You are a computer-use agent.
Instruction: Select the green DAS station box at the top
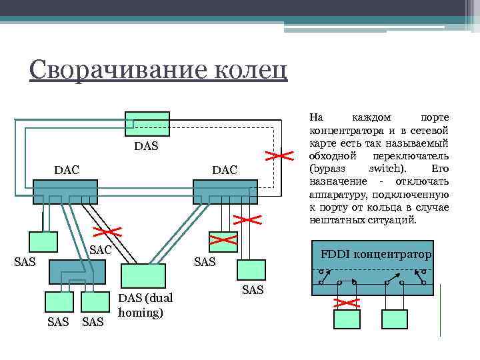point(146,123)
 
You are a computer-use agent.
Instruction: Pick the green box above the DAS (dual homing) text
point(143,275)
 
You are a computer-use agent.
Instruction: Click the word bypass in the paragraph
point(328,169)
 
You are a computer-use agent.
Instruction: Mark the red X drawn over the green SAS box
point(224,237)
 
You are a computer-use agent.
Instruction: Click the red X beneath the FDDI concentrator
point(346,302)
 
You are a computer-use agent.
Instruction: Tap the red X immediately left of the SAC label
point(107,232)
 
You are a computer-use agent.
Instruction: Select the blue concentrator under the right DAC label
point(225,191)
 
